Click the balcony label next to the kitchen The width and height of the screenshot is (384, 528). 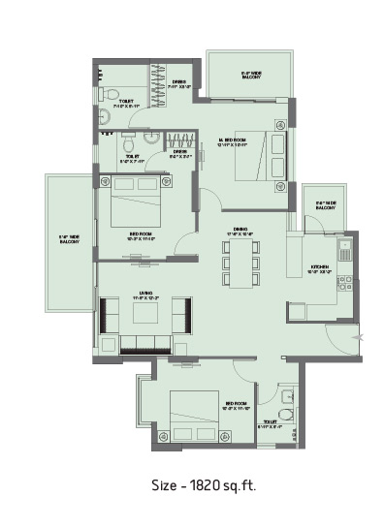click(x=324, y=205)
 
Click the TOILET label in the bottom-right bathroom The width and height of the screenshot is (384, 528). click(x=271, y=422)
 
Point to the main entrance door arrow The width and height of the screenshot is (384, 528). click(x=360, y=336)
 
